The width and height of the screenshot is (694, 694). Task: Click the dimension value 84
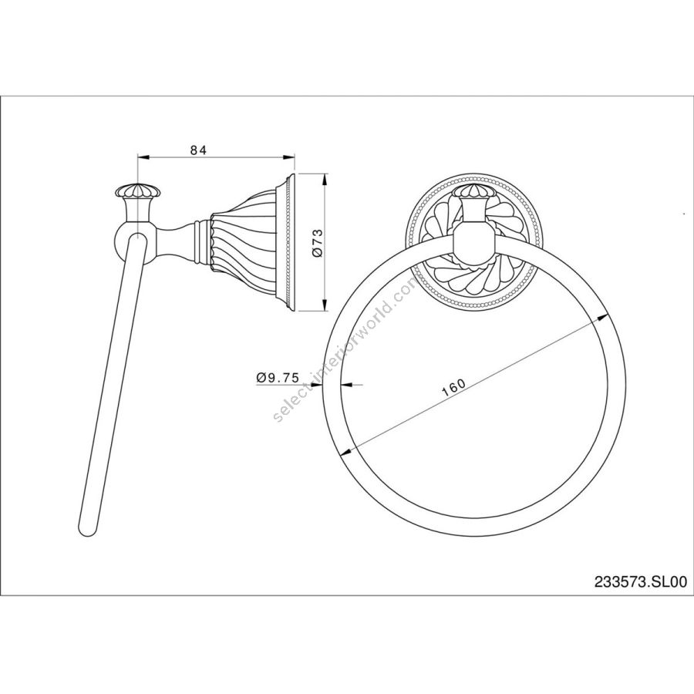tap(199, 150)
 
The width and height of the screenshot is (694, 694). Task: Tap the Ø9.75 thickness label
tap(278, 378)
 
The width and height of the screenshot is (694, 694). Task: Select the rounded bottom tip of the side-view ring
tap(87, 531)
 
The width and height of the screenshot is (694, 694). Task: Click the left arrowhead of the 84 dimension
tap(143, 157)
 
